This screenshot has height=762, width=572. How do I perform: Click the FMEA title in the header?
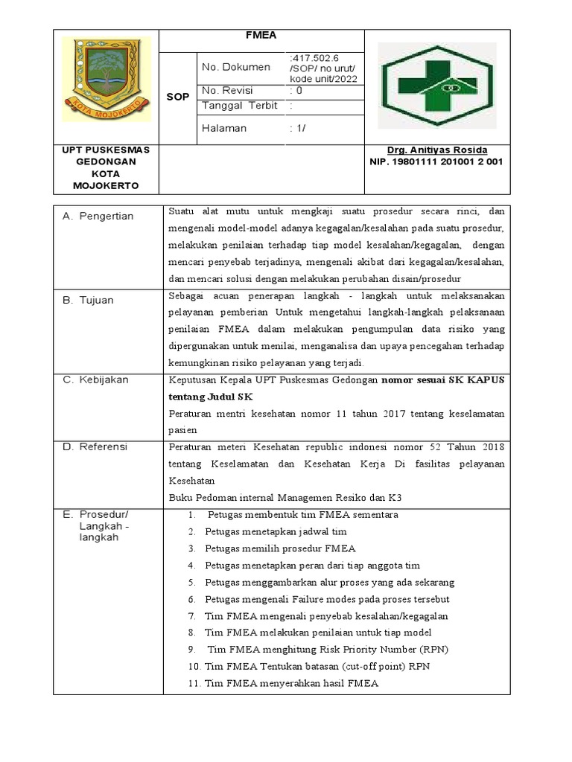click(x=261, y=35)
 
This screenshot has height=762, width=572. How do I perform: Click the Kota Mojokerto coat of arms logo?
click(x=107, y=80)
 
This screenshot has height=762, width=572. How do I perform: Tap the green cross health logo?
click(x=436, y=86)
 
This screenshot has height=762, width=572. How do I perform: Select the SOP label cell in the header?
click(x=177, y=97)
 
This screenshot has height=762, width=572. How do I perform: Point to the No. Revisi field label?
click(x=229, y=91)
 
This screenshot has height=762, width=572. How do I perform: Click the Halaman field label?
click(x=223, y=129)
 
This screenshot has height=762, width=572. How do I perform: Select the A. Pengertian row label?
click(x=98, y=217)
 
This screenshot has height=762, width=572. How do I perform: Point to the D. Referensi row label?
click(x=95, y=447)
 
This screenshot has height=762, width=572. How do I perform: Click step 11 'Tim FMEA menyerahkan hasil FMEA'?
click(x=291, y=684)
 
